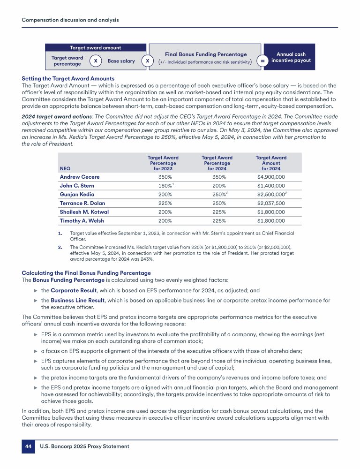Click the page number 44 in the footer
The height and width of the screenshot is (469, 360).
point(28,446)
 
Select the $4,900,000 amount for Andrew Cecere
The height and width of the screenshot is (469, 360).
point(270,177)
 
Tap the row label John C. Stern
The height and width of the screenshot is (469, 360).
point(77,186)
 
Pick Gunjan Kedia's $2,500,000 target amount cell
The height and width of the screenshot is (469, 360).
point(270,194)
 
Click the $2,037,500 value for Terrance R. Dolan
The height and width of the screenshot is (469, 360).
point(270,203)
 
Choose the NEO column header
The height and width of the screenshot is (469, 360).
point(64,169)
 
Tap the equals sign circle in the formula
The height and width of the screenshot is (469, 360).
point(262,61)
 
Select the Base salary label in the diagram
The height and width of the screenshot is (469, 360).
point(121,61)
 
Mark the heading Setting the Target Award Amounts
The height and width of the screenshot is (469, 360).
point(68,78)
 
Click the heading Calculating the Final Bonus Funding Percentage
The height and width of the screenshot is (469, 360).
point(86,273)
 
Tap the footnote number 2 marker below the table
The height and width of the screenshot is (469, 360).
point(60,245)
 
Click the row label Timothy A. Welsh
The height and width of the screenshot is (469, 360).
point(82,221)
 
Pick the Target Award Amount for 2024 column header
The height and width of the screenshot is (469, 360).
point(270,163)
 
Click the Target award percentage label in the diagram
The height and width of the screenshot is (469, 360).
point(67,61)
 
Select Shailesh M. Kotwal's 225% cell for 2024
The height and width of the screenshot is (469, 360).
point(217,212)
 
